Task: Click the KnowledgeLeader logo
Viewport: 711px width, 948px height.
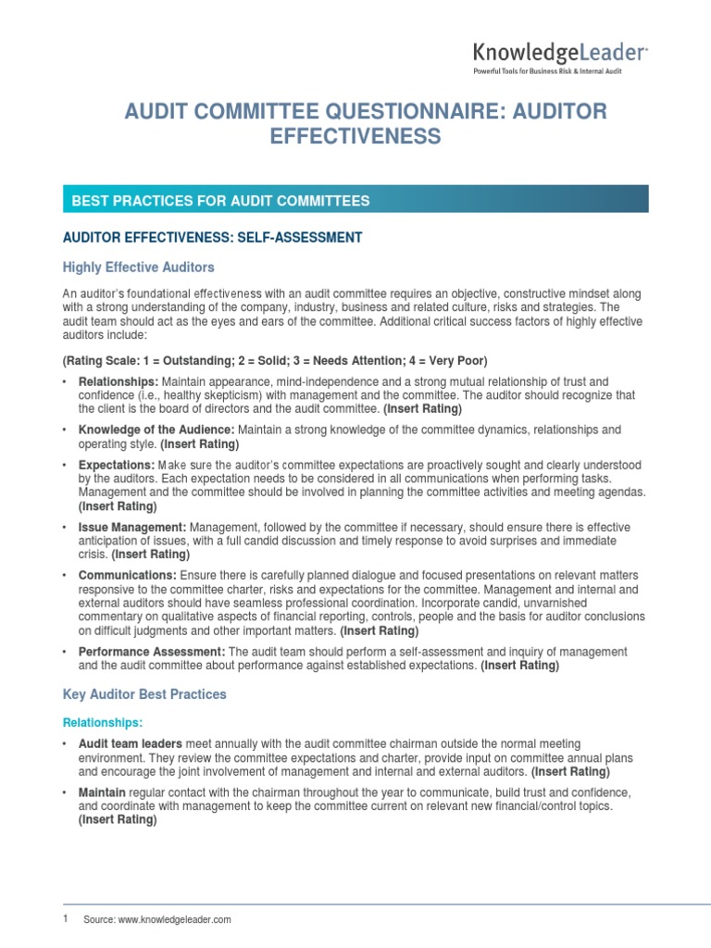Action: point(560,53)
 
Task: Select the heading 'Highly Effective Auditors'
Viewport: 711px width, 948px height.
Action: point(138,268)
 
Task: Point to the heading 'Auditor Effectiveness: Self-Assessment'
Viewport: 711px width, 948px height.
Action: point(212,238)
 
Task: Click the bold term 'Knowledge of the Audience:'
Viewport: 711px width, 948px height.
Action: point(157,430)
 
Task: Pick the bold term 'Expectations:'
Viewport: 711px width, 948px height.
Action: point(116,465)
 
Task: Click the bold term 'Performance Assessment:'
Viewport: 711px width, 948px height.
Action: point(152,652)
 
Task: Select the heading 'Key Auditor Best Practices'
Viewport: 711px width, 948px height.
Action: point(144,693)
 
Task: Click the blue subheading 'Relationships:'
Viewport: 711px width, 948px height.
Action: point(103,722)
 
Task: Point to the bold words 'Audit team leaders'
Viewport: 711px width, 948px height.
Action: point(131,743)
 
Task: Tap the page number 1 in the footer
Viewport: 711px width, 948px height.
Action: point(65,918)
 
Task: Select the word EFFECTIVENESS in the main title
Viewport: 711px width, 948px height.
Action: point(355,137)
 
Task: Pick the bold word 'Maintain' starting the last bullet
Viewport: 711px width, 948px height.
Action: point(101,793)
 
